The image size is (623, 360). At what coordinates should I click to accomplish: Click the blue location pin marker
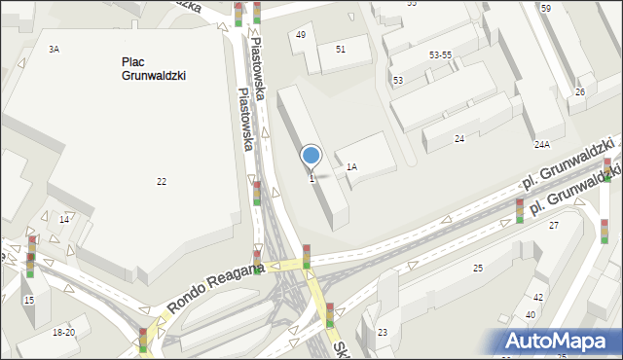(311, 157)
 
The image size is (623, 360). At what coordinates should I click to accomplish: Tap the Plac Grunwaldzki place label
(154, 68)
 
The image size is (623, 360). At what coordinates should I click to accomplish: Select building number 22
(162, 182)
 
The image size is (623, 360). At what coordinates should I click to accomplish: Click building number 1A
(351, 167)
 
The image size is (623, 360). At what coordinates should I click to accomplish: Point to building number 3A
(55, 49)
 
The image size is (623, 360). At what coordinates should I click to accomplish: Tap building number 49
(301, 35)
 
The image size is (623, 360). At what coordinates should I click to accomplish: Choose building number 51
(341, 49)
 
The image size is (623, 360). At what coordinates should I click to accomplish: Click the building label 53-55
(440, 55)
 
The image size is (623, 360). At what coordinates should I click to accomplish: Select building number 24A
(542, 145)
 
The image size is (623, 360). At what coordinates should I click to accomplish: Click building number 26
(580, 92)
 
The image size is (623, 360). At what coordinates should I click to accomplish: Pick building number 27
(554, 226)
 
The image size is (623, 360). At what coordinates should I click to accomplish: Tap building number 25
(478, 268)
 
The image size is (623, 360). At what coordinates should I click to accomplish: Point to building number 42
(537, 298)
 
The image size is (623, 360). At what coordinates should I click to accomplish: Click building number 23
(383, 333)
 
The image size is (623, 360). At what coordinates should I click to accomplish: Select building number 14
(64, 220)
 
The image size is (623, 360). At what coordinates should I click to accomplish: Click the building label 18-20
(63, 333)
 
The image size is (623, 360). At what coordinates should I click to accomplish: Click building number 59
(546, 9)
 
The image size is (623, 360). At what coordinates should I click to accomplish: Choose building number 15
(29, 301)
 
